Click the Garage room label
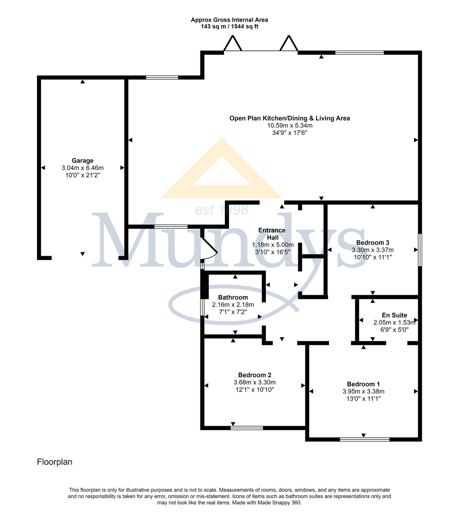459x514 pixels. click(82, 161)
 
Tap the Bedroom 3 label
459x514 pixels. click(373, 242)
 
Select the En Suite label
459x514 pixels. click(394, 315)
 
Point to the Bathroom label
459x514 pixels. click(233, 297)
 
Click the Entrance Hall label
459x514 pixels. click(272, 234)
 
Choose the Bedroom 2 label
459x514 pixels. click(255, 375)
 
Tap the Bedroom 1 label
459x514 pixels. click(363, 384)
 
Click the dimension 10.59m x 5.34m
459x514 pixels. click(290, 126)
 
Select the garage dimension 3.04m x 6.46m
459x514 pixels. click(83, 168)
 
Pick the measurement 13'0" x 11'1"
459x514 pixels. click(363, 399)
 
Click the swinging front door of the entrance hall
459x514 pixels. click(210, 248)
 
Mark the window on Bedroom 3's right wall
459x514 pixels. click(420, 250)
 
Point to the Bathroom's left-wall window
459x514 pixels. click(202, 307)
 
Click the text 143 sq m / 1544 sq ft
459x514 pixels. click(229, 27)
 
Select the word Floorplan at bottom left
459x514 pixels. click(54, 462)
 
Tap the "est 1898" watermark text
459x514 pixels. click(222, 210)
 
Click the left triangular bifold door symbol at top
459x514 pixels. click(233, 43)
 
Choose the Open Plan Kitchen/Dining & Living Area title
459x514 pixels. click(290, 118)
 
